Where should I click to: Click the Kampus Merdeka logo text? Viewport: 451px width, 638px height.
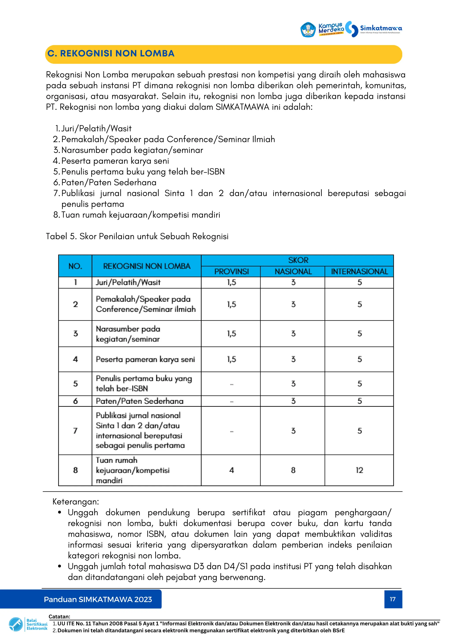[331, 29]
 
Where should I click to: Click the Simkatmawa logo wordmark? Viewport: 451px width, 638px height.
[381, 28]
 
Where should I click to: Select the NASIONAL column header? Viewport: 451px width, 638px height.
[293, 272]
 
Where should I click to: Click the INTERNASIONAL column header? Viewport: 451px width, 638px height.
[359, 272]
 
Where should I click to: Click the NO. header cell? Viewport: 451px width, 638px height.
[75, 266]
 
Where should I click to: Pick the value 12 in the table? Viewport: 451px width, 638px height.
[359, 470]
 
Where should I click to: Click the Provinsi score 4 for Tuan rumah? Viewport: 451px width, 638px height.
[231, 470]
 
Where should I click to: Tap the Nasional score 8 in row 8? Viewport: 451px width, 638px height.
[293, 470]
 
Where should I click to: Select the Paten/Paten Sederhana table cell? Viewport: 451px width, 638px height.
[140, 401]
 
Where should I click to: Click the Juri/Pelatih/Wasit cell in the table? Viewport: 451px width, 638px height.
[128, 282]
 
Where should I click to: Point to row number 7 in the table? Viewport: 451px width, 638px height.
[75, 431]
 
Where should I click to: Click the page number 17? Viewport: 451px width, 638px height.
[393, 599]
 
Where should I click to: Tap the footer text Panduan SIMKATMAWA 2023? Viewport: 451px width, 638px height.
[98, 599]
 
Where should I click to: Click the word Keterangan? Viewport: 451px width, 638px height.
[76, 502]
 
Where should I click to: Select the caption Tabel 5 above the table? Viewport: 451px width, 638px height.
[137, 236]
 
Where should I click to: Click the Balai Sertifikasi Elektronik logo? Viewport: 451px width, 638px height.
[28, 625]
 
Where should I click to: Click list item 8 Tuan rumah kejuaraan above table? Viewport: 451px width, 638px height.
[140, 215]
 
